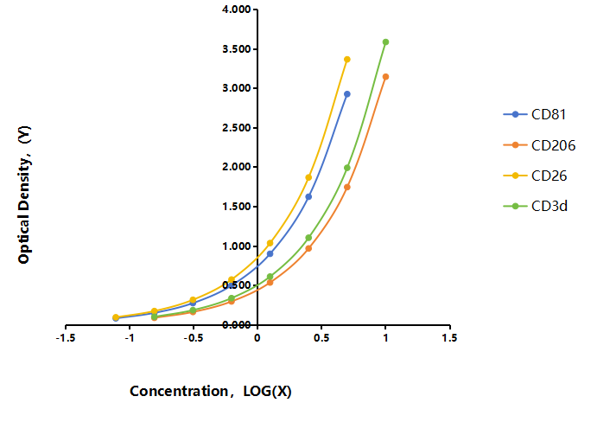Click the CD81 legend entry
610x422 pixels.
tap(534, 114)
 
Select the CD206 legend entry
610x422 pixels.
tap(539, 145)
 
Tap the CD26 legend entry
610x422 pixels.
tap(535, 176)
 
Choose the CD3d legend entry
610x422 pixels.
tap(535, 206)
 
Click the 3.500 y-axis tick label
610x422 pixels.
tap(237, 49)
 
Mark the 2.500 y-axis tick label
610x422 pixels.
tap(237, 128)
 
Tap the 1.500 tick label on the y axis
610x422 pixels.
tap(237, 207)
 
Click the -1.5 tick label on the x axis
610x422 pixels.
tap(66, 337)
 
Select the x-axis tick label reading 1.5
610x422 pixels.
tap(449, 337)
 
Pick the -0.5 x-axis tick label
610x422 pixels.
tap(194, 337)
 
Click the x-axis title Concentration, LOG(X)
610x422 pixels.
tap(211, 391)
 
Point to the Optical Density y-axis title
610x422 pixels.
tap(24, 195)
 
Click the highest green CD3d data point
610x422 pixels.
tap(385, 42)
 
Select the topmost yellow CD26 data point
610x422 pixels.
tap(347, 59)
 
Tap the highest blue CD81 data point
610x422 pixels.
tap(347, 94)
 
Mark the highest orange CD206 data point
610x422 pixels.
tap(385, 77)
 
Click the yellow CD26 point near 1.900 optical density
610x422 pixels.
tap(308, 177)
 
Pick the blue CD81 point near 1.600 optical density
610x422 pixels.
tap(308, 197)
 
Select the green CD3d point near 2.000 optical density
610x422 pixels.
tap(347, 168)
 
